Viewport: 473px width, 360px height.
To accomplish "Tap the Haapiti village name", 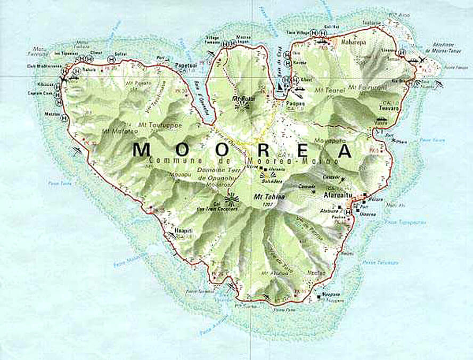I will pyautogui.click(x=184, y=230).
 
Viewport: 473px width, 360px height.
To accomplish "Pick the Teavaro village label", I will pyautogui.click(x=389, y=107).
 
